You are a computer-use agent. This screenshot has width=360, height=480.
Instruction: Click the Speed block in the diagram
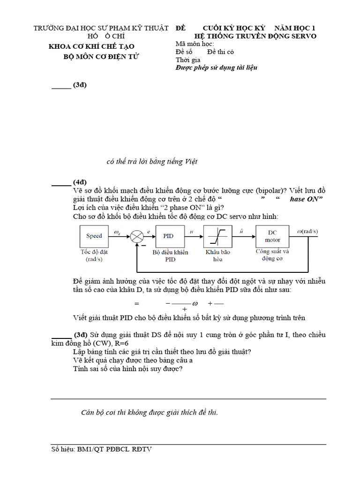[x=94, y=236]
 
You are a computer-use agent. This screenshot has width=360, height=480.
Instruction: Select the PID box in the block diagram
[x=168, y=236]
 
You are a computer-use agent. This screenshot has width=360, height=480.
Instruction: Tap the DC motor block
[x=273, y=236]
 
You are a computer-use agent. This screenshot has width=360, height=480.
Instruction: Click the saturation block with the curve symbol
[x=217, y=236]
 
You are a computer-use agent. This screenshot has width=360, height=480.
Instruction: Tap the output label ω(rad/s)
[x=308, y=230]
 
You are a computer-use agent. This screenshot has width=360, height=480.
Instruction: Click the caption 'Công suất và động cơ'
[x=272, y=254]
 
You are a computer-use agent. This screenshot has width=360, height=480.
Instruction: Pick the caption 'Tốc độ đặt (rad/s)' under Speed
[x=94, y=255]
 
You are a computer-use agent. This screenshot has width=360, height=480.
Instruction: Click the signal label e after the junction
[x=149, y=231]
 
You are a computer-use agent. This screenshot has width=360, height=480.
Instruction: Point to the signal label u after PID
[x=191, y=231]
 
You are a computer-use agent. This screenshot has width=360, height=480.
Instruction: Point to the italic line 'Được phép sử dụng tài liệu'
[x=216, y=67]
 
